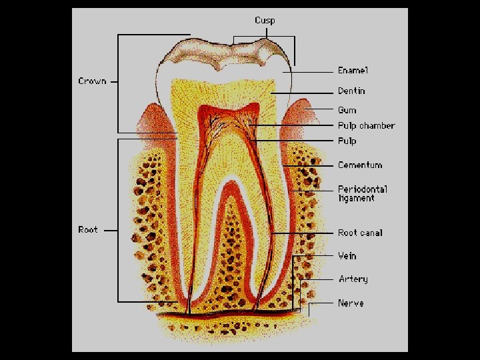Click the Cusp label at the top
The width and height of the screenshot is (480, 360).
click(x=265, y=20)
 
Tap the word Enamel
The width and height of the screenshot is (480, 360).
click(x=353, y=70)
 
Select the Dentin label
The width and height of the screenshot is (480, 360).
click(x=351, y=91)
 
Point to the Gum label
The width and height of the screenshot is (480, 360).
click(x=347, y=110)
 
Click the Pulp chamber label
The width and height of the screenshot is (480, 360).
click(x=366, y=125)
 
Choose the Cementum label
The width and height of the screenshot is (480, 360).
click(x=360, y=165)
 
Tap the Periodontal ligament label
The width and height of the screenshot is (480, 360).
click(x=362, y=193)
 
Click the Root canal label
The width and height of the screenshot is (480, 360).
click(x=360, y=233)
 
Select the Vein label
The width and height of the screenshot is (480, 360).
click(x=347, y=255)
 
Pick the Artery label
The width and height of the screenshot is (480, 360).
click(x=353, y=279)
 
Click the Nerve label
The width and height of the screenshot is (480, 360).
click(x=351, y=303)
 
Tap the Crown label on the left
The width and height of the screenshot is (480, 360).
click(x=92, y=81)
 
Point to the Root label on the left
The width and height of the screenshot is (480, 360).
click(x=88, y=230)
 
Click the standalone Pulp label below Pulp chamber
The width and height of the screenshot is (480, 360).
click(x=347, y=141)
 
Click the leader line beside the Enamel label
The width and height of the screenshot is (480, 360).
click(x=310, y=70)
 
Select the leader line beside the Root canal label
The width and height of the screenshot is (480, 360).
click(x=303, y=233)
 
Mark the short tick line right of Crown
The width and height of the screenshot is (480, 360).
click(x=113, y=81)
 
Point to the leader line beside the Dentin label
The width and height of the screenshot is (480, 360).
click(x=303, y=91)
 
